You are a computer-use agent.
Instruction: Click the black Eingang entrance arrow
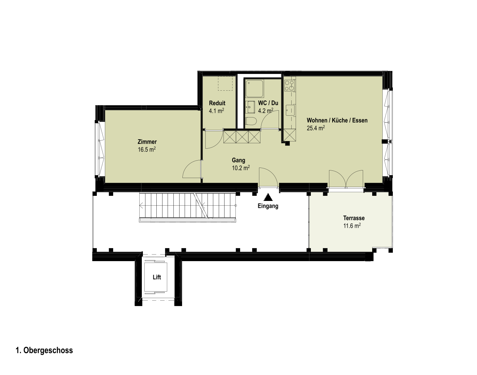pyautogui.click(x=268, y=197)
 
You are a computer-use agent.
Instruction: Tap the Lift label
pyautogui.click(x=157, y=277)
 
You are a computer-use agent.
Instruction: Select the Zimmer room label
pyautogui.click(x=147, y=141)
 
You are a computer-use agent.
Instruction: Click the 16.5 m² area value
pyautogui.click(x=147, y=149)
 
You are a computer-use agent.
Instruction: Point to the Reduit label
pyautogui.click(x=217, y=103)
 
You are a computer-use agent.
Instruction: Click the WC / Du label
pyautogui.click(x=268, y=103)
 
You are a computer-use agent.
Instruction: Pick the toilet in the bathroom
pyautogui.click(x=251, y=121)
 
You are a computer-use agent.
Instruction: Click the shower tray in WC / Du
pyautogui.click(x=255, y=88)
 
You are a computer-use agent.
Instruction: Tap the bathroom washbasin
pyautogui.click(x=250, y=107)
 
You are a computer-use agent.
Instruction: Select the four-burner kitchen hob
pyautogui.click(x=290, y=86)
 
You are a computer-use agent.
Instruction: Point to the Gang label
pyautogui.click(x=239, y=160)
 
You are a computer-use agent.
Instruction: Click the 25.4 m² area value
pyautogui.click(x=316, y=128)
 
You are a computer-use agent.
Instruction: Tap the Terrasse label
pyautogui.click(x=354, y=218)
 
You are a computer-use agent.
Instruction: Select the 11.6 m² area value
pyautogui.click(x=352, y=226)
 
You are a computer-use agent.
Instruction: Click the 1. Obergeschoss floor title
pyautogui.click(x=44, y=350)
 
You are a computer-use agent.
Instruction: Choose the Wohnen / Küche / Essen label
pyautogui.click(x=337, y=120)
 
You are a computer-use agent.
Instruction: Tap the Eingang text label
pyautogui.click(x=268, y=206)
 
